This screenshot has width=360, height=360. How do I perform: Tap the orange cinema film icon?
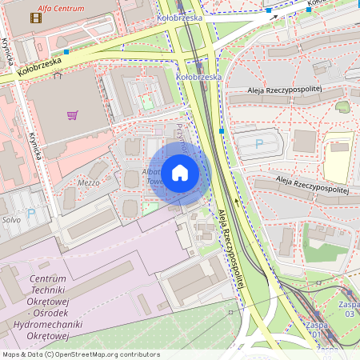[x=35, y=17]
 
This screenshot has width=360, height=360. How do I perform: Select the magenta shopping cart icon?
[x=73, y=115]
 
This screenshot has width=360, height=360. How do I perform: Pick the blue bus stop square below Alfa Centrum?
[x=66, y=52]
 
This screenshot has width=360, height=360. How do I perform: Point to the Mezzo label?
[x=88, y=182]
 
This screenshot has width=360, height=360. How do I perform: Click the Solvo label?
[x=10, y=219]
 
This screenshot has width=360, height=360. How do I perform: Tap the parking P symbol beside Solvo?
[x=31, y=214]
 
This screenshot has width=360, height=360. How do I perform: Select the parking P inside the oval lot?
[x=258, y=144]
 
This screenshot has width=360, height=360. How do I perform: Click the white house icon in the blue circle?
[x=180, y=172]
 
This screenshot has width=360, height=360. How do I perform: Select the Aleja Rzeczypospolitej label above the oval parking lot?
[x=283, y=91]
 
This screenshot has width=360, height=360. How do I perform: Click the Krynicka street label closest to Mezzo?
[x=36, y=146]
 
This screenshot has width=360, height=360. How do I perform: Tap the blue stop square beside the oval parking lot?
[x=221, y=130]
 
